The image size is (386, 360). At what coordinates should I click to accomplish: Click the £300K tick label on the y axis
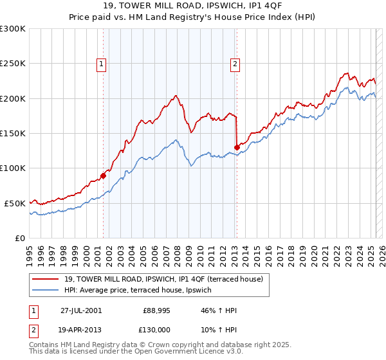(x=13, y=29)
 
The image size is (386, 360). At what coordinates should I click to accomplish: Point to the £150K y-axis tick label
(x=13, y=133)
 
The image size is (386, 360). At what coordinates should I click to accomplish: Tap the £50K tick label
(x=15, y=203)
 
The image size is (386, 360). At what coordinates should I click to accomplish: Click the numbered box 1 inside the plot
(x=102, y=63)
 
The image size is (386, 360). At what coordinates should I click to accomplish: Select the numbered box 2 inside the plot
(x=235, y=63)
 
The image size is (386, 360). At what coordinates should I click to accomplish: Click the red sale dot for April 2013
(x=236, y=147)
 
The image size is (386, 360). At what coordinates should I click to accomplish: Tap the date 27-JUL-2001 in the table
(x=81, y=310)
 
